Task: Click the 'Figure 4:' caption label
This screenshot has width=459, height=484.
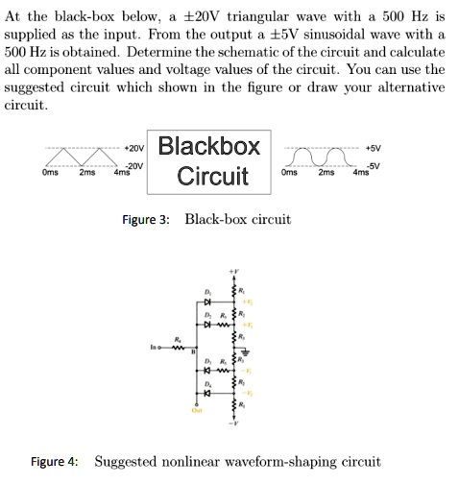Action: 55,462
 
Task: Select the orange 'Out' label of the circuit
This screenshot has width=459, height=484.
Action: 197,411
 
